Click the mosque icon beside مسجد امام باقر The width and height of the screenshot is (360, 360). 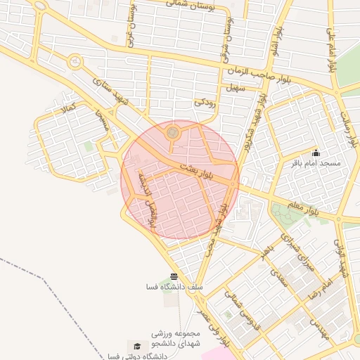point(316,152)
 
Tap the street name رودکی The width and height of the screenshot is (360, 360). point(204,102)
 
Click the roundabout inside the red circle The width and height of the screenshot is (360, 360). point(172,132)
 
